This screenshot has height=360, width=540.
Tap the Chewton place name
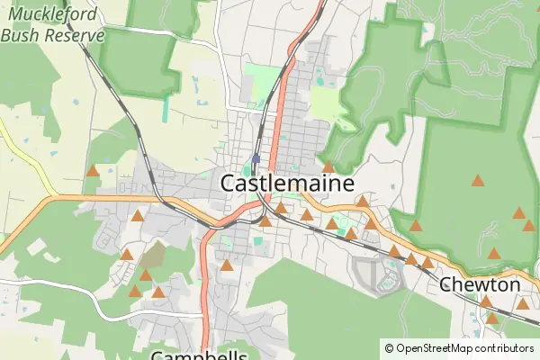coord(480,284)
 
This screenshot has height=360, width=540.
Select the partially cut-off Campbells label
coord(199,355)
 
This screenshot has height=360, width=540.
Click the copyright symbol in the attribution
coord(390,348)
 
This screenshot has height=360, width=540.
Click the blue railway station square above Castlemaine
coord(256,159)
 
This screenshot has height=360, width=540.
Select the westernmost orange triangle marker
coord(92,170)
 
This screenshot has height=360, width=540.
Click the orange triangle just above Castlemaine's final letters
coord(328,166)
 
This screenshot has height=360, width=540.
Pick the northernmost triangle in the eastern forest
coord(478,180)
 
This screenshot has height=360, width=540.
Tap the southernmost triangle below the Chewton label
coord(491,318)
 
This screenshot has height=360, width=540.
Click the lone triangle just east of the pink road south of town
coord(228,265)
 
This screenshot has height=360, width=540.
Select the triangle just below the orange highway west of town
coord(137,215)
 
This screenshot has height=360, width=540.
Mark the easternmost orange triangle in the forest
coord(528,225)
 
